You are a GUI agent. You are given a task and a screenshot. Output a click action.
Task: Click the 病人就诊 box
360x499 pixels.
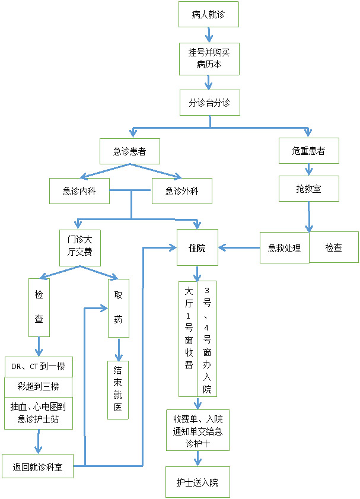pos(209,14)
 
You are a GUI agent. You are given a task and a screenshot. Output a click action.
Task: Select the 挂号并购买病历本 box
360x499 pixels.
pos(209,59)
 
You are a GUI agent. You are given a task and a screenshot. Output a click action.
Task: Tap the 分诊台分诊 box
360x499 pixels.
pos(210,103)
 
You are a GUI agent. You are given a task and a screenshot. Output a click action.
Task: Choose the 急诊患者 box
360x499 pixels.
pos(130,151)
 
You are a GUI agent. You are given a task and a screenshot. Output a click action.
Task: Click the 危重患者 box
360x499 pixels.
pos(309,151)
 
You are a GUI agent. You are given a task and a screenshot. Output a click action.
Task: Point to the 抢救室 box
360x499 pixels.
pos(309,189)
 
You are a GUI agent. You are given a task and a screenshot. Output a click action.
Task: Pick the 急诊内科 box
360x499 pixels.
pos(79,191)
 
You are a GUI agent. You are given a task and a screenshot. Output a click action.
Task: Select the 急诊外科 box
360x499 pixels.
pos(182,191)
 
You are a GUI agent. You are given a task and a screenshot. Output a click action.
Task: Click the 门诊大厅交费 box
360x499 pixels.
pos(80,248)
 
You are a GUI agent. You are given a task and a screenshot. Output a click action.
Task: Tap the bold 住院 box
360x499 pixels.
pos(197,247)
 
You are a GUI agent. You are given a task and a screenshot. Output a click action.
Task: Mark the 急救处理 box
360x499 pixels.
pos(284,247)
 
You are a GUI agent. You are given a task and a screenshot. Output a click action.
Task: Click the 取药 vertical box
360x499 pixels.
pos(119,308)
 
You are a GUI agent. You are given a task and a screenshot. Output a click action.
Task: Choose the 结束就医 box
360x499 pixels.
pos(118,390)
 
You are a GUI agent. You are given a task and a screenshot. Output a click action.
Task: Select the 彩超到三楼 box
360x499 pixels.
pos(38,387)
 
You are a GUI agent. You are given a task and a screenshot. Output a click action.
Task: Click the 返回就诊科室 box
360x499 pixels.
pos(37,466)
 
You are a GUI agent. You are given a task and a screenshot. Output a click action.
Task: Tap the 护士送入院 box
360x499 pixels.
pos(197,482)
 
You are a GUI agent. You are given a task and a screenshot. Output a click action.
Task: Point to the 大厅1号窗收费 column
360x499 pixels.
pos(188,339)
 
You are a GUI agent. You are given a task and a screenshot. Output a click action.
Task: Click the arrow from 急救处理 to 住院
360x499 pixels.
pos(239,247)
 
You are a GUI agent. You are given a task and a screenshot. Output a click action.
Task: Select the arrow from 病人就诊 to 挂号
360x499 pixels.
pos(209,35)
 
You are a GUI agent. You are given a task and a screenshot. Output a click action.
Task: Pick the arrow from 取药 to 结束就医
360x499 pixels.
pos(119,349)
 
